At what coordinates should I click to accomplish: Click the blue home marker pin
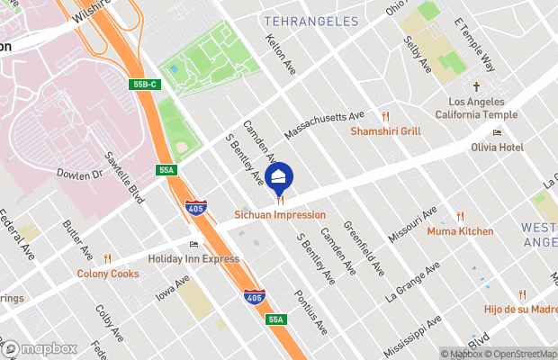pyautogui.click(x=279, y=175)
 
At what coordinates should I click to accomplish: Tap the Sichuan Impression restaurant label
pyautogui.click(x=280, y=215)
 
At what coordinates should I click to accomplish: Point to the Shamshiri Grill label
pyautogui.click(x=385, y=130)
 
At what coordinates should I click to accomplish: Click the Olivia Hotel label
pyautogui.click(x=496, y=147)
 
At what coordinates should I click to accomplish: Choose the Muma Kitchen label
pyautogui.click(x=460, y=231)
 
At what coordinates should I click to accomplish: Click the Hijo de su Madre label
pyautogui.click(x=519, y=310)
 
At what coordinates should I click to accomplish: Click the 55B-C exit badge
pyautogui.click(x=142, y=85)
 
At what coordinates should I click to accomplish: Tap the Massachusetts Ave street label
pyautogui.click(x=324, y=125)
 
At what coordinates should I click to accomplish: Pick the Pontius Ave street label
pyautogui.click(x=311, y=311)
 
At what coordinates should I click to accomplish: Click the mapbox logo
pyautogui.click(x=40, y=348)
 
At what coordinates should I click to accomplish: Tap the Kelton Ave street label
pyautogui.click(x=281, y=54)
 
